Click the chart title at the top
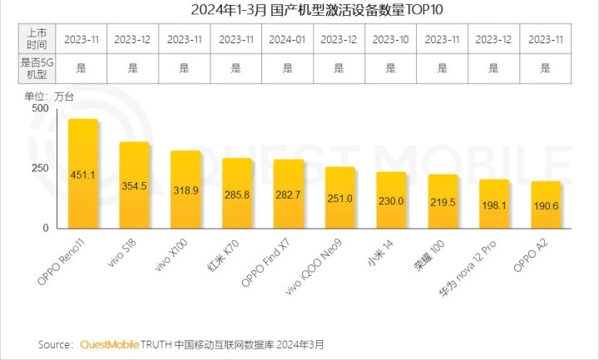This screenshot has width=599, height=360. coord(300,9)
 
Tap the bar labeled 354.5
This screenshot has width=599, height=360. coord(134,185)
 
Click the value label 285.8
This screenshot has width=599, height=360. coord(237,201)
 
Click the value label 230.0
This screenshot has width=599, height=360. coord(391,201)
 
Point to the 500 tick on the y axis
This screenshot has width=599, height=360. coord(40,108)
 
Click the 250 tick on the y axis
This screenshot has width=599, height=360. coord(40,168)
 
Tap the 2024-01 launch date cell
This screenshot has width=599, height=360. coord(287,39)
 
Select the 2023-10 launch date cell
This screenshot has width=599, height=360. coord(390,39)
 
